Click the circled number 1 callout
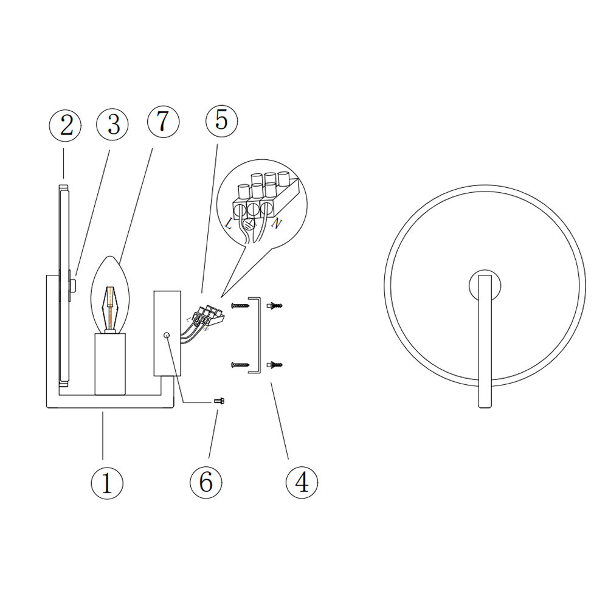click(106, 483)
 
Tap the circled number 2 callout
click(65, 126)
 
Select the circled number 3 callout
click(112, 125)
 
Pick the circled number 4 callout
click(302, 482)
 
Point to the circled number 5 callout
click(221, 120)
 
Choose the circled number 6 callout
click(206, 482)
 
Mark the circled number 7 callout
click(163, 122)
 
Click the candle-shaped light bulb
click(110, 295)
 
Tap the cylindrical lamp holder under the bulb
click(110, 364)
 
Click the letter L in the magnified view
click(229, 223)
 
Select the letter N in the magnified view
click(277, 224)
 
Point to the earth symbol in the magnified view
click(249, 223)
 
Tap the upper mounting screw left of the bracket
click(240, 306)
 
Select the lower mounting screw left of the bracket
click(240, 365)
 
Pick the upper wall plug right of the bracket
click(275, 306)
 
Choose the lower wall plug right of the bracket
click(275, 364)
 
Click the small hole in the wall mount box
click(167, 335)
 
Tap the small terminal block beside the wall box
click(210, 315)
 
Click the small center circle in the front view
click(485, 285)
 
